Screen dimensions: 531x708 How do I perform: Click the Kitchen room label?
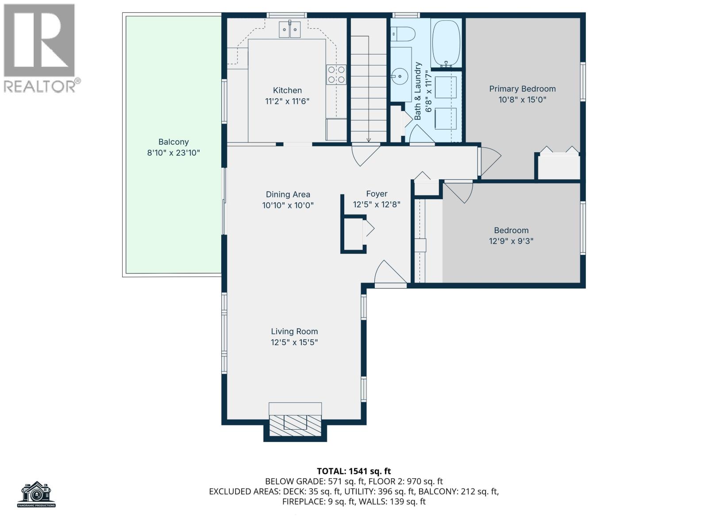pos(287,90)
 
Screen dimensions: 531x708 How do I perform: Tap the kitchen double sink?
pos(289,30)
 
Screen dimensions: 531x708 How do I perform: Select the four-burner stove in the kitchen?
pos(336,74)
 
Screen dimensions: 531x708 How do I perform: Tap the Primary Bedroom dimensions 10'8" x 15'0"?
pos(522,100)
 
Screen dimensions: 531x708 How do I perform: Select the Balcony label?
pos(173,142)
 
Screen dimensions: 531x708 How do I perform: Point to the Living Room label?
pos(294,331)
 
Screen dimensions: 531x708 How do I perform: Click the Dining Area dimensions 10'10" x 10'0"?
pos(288,205)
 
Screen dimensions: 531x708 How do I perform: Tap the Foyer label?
pos(377,194)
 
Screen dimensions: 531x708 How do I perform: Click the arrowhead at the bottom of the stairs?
pos(369,140)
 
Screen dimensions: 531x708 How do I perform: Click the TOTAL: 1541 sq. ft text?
pos(354,471)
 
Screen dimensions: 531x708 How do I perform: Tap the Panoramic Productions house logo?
pos(37,494)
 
